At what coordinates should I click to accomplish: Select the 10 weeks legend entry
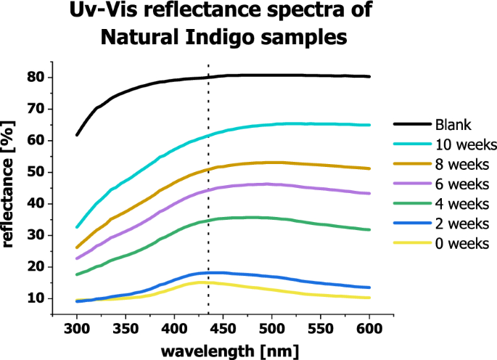461,142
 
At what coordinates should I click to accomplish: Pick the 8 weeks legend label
459,163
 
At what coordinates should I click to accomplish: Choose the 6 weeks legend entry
459,182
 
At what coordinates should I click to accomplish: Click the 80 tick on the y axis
41,77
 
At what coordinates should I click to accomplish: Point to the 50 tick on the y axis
41,172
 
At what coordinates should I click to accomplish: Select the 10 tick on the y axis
41,298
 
